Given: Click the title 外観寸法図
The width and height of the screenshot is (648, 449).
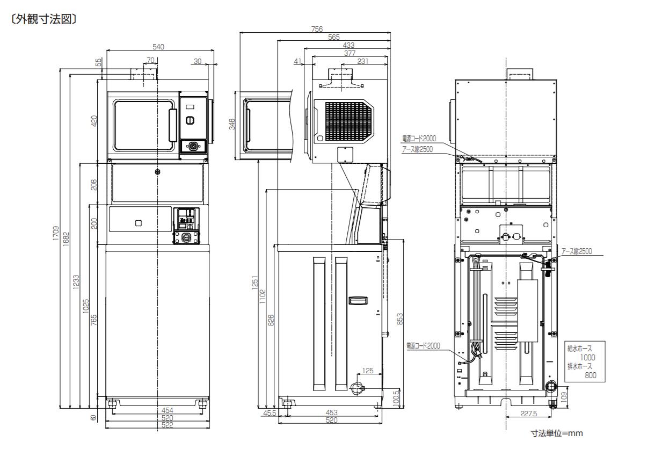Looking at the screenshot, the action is click(43, 19).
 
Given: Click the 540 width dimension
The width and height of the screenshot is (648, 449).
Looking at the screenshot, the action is click(158, 47).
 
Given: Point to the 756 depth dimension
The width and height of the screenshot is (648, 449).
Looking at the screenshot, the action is click(317, 29).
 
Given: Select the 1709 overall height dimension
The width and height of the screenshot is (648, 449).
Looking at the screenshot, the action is click(56, 233).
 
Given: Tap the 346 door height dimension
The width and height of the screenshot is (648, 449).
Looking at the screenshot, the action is click(232, 124).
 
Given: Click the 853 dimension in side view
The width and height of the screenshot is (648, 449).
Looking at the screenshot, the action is click(399, 318).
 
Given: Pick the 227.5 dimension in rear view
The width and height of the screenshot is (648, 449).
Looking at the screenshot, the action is click(528, 414).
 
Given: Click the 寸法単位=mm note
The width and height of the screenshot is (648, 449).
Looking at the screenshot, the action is click(557, 433).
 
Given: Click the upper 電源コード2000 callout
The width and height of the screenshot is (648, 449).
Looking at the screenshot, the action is click(419, 139).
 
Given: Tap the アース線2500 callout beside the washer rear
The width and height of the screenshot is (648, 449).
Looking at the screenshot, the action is click(577, 251).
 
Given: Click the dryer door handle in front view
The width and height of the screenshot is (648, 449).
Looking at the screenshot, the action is click(173, 125).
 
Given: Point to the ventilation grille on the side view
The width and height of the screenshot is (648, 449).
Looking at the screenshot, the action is click(348, 121).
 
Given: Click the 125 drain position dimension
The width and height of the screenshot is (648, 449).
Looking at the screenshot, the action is click(368, 371).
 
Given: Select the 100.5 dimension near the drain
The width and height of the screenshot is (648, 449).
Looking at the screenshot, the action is click(396, 398).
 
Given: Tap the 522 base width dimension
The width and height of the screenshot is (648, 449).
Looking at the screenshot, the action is click(167, 425).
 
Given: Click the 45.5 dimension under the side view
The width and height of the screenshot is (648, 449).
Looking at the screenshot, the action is click(270, 413).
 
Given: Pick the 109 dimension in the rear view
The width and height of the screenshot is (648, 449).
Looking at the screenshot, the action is click(564, 397).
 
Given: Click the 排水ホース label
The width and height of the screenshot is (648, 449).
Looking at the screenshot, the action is click(580, 366).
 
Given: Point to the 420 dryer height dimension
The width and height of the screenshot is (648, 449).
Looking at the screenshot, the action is click(94, 121).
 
